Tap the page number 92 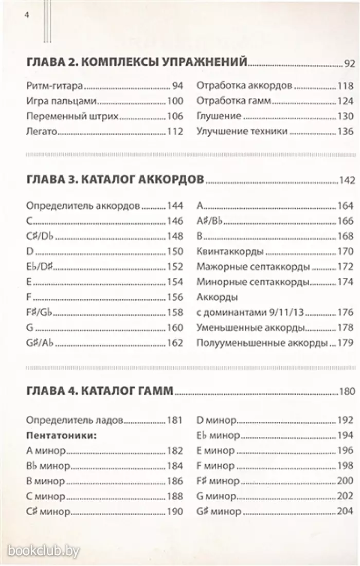349,65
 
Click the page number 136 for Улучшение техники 346,131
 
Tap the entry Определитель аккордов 83,207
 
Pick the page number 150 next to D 175,252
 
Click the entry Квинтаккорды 230,252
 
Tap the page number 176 346,312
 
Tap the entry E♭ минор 218,435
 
